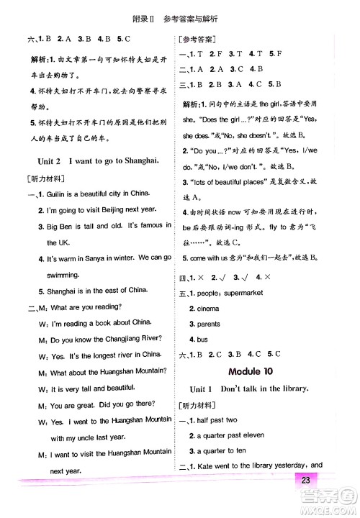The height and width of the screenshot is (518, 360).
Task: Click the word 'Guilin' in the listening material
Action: [50, 194]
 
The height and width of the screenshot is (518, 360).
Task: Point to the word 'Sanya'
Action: [96, 257]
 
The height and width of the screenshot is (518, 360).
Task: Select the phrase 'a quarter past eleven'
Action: [231, 435]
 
